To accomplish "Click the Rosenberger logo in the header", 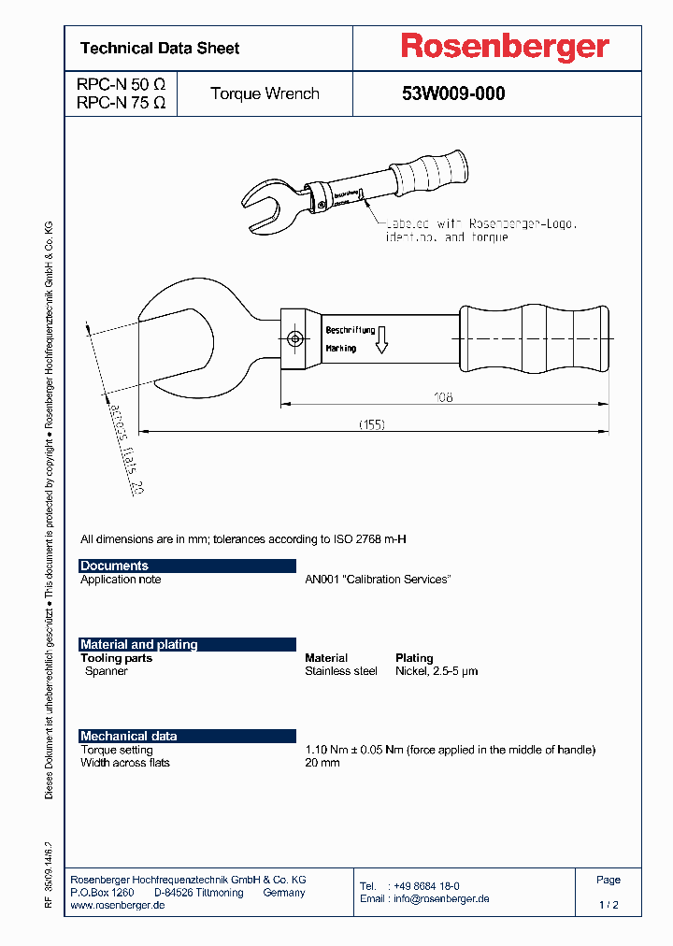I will (x=505, y=47).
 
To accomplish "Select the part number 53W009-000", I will (x=453, y=93).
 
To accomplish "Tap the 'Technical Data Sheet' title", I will (x=160, y=48).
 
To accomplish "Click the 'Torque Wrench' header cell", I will (x=265, y=93).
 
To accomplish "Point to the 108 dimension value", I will (x=443, y=397).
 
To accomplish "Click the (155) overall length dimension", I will (x=373, y=424).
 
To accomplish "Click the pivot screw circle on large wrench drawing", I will (x=295, y=338).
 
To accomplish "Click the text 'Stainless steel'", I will (x=341, y=671).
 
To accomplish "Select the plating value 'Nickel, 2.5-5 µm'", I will (x=437, y=671).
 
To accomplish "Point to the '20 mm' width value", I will (x=322, y=763).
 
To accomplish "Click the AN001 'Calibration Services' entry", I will (x=378, y=580).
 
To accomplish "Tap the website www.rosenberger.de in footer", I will (x=118, y=906).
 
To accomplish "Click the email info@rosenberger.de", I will (x=424, y=898).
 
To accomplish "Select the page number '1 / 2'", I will (x=609, y=905).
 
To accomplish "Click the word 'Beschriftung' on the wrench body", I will (x=351, y=330).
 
